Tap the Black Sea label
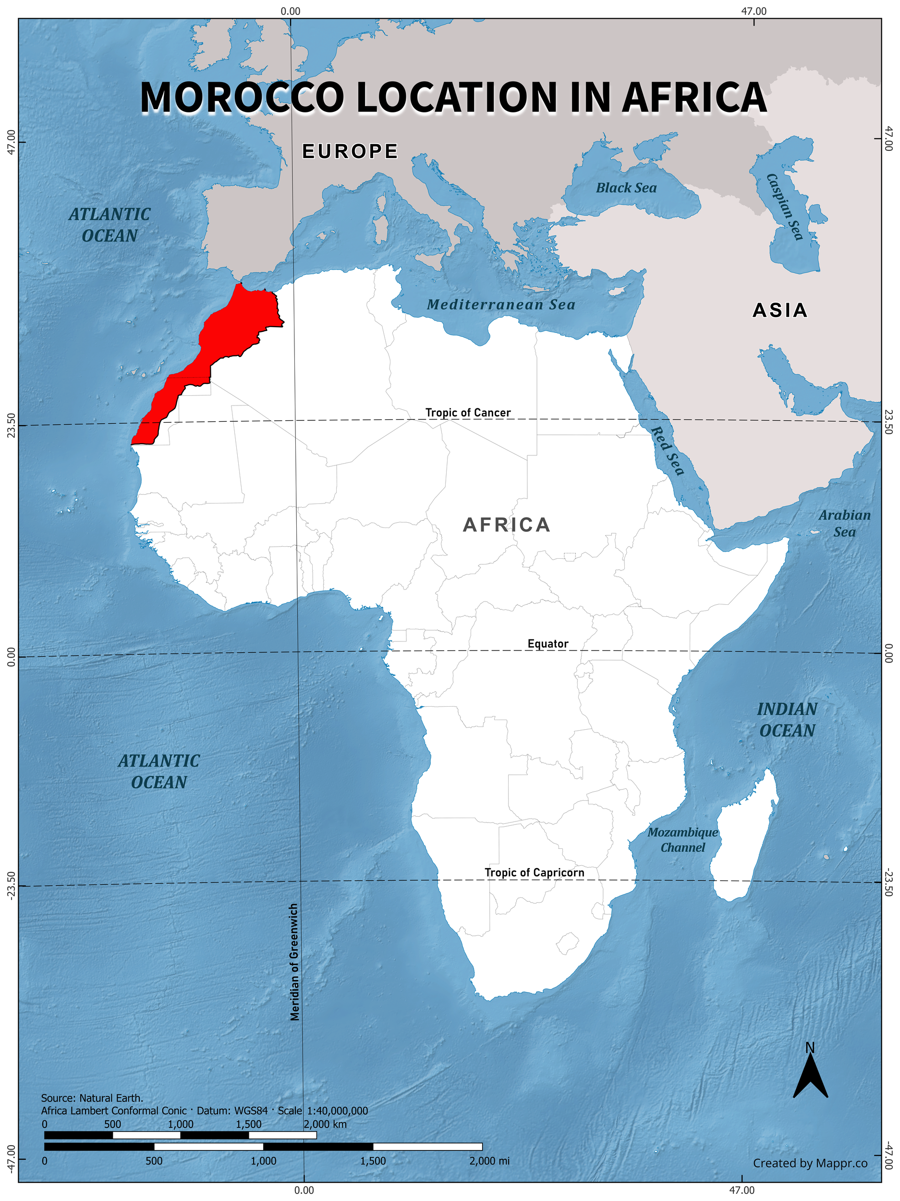tap(626, 188)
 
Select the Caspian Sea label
tap(784, 206)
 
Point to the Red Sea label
tap(667, 451)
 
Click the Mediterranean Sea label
tap(500, 305)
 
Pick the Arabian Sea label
tap(844, 524)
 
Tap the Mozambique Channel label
tap(682, 840)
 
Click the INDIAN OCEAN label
tap(787, 720)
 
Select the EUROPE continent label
tap(350, 151)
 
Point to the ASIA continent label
tap(780, 310)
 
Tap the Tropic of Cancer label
tap(468, 413)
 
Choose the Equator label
tap(547, 644)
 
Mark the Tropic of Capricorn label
tap(534, 872)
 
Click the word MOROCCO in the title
tap(242, 98)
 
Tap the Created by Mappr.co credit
tap(810, 1163)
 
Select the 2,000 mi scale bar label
tap(489, 1161)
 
